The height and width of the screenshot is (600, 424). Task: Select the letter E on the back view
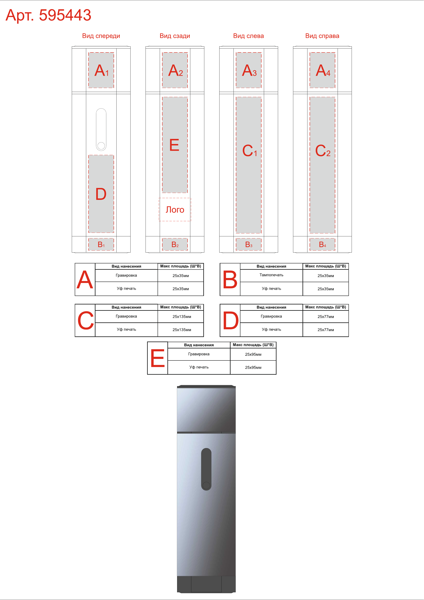click(x=174, y=145)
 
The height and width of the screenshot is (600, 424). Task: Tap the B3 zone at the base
click(x=249, y=244)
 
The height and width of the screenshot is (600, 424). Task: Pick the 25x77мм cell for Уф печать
click(x=326, y=330)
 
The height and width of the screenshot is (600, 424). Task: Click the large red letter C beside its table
click(x=85, y=320)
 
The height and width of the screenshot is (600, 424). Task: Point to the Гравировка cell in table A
click(x=126, y=275)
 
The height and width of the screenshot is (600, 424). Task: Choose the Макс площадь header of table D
click(x=326, y=307)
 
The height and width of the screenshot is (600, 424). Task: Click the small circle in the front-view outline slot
click(x=101, y=146)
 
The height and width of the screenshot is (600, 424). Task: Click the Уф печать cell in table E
click(x=199, y=367)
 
